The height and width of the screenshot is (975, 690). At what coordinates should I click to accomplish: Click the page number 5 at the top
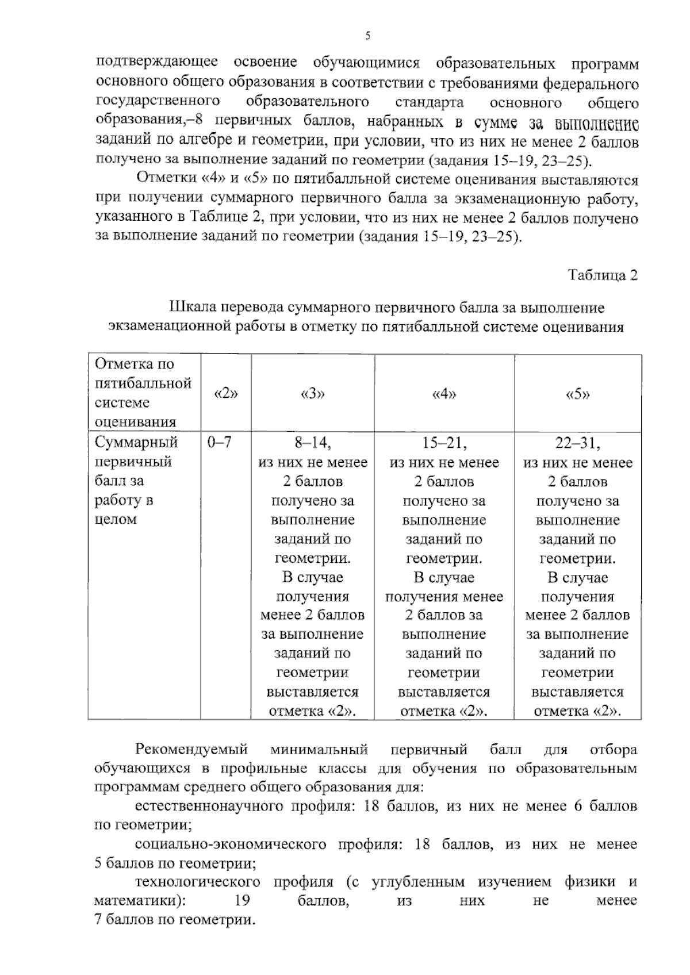[367, 36]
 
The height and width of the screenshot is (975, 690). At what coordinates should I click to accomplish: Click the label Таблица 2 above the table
[603, 275]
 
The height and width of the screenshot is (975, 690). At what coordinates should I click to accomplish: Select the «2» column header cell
[225, 393]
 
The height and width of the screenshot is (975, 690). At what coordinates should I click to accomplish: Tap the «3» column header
[312, 393]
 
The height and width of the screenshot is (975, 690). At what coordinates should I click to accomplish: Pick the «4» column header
[444, 393]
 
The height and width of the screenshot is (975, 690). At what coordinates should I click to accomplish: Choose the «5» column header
[578, 393]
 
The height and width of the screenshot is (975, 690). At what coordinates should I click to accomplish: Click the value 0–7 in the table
[220, 443]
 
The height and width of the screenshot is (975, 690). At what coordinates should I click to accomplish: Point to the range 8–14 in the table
[312, 443]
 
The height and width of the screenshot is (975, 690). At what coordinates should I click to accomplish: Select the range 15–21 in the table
[444, 443]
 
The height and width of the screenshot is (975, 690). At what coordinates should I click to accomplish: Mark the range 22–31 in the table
[578, 443]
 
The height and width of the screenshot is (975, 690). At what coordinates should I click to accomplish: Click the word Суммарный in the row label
[136, 443]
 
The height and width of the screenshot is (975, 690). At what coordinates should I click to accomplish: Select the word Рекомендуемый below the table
[191, 750]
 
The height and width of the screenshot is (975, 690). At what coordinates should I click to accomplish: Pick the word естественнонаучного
[209, 806]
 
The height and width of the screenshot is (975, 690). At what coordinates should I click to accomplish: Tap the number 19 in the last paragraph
[242, 900]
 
